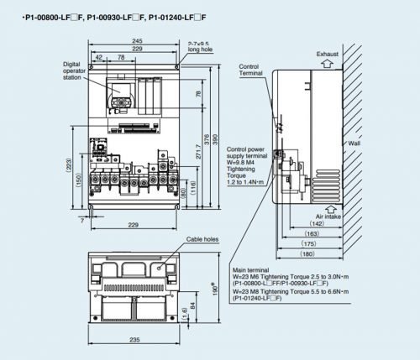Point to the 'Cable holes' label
click(202, 238)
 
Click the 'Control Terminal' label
click(250, 70)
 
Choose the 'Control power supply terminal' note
click(249, 154)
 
